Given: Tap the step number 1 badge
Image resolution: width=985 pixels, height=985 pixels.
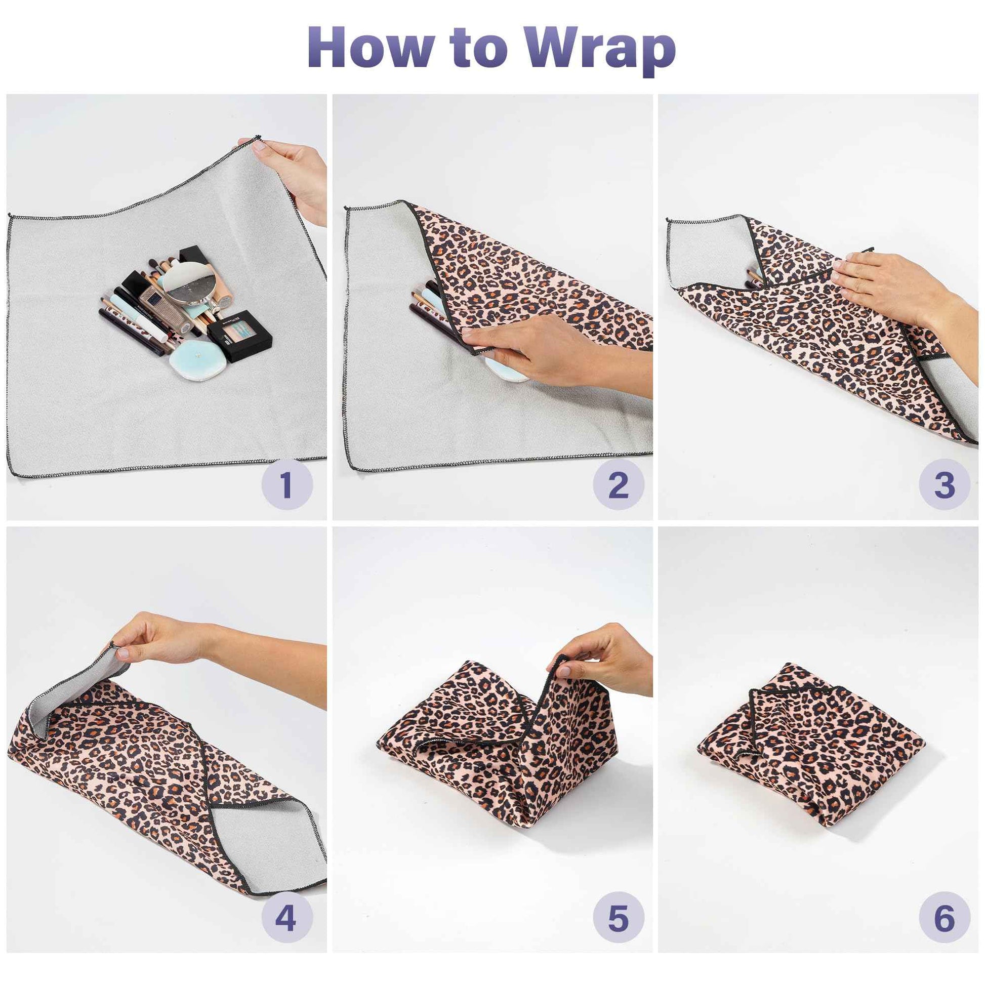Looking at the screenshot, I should (287, 485).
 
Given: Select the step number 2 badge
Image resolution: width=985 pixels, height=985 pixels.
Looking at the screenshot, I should (618, 485).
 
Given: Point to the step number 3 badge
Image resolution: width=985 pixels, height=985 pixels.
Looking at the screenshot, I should (944, 485).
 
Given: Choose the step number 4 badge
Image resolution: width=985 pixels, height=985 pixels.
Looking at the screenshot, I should (286, 918).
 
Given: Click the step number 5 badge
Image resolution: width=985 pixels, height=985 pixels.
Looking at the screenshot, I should (618, 918).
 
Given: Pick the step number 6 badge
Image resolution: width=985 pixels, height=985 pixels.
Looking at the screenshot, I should (944, 918).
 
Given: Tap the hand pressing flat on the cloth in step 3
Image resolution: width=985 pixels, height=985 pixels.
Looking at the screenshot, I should (887, 285).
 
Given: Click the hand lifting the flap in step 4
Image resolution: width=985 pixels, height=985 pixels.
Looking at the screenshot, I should (163, 640).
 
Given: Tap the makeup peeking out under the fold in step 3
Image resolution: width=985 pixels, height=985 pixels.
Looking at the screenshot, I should (754, 278).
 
